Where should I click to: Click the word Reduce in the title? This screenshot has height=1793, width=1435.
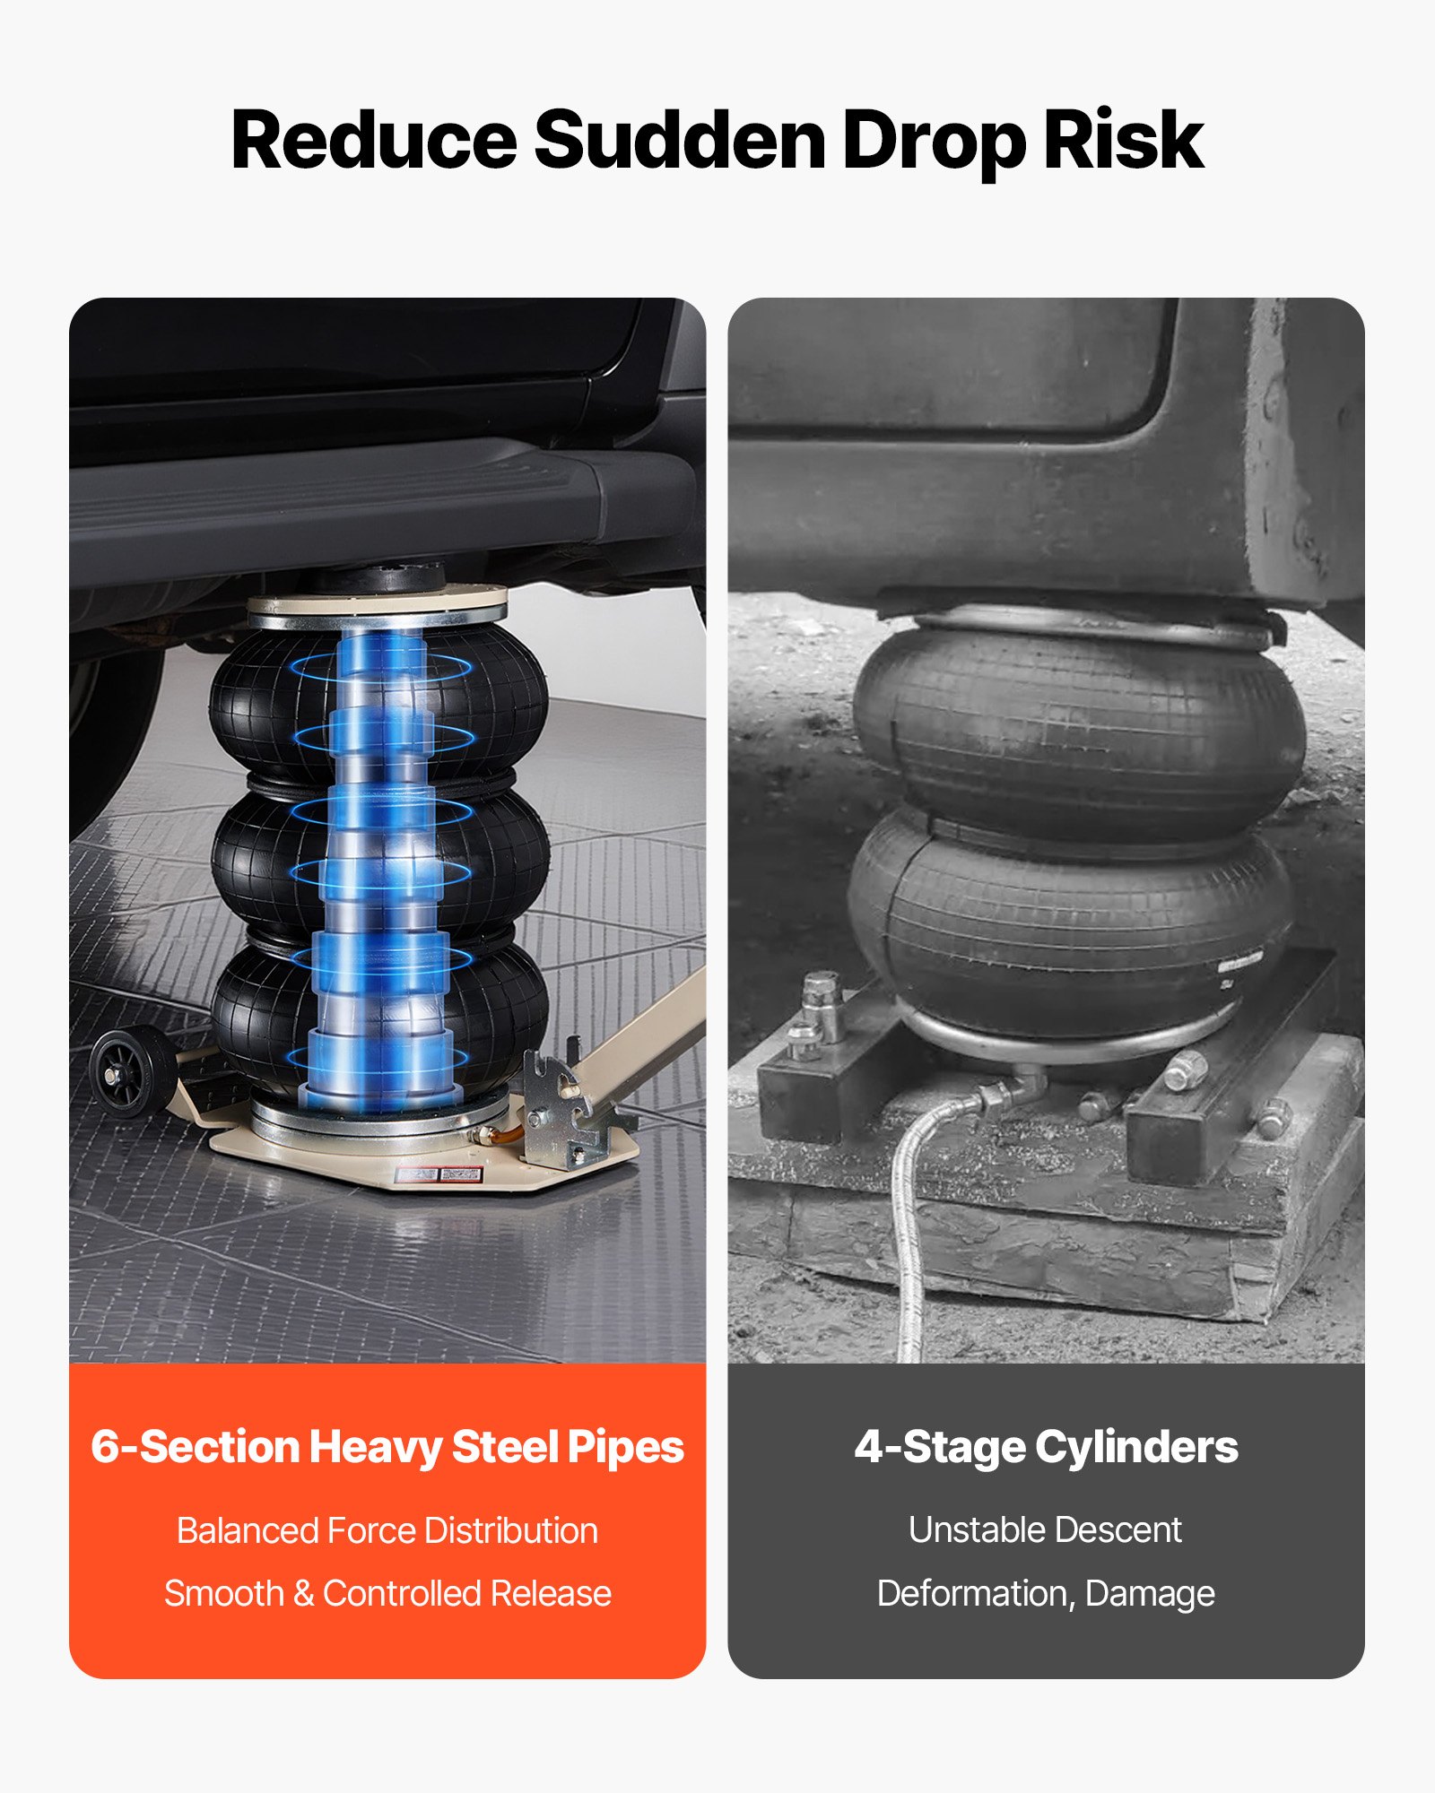[374, 140]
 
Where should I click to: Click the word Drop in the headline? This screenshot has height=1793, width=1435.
[934, 143]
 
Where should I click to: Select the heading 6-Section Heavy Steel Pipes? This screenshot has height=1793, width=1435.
[387, 1447]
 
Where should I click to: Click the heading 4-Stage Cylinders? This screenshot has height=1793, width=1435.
[1046, 1447]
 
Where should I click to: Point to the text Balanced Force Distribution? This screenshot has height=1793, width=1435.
[387, 1530]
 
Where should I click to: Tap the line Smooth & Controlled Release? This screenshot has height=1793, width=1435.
[387, 1593]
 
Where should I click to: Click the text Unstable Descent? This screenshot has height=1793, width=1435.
[1046, 1529]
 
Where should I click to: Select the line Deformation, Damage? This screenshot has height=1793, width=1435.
[1046, 1594]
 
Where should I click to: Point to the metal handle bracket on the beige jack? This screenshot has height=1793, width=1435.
[556, 1112]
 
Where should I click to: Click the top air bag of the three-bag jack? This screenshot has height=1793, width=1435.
[378, 704]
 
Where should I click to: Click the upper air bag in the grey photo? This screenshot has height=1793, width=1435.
[1076, 731]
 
